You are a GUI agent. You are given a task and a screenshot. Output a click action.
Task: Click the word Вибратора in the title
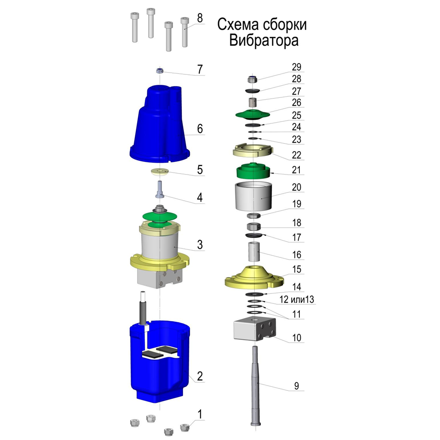[263, 41]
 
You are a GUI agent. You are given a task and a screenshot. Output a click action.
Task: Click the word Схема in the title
[238, 25]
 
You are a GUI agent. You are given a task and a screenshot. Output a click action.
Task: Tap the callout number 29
[296, 67]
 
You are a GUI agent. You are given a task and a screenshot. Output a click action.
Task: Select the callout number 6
[200, 129]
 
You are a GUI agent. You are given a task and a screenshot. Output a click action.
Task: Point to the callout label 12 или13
[297, 299]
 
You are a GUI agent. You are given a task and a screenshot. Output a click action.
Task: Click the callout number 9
[297, 386]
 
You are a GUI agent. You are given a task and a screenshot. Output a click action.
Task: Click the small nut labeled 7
[160, 71]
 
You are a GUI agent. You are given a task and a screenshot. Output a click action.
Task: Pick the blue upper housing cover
[160, 124]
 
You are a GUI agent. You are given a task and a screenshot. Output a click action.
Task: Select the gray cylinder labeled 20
[254, 196]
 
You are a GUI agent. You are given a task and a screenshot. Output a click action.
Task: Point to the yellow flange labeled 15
[254, 277]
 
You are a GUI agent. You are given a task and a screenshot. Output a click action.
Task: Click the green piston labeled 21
[253, 170]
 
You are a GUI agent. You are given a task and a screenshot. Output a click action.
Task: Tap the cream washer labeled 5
[160, 171]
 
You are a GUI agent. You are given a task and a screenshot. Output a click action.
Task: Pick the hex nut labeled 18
[254, 226]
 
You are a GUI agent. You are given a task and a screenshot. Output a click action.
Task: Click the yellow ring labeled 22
[253, 151]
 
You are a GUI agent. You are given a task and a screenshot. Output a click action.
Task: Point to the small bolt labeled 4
[160, 189]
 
